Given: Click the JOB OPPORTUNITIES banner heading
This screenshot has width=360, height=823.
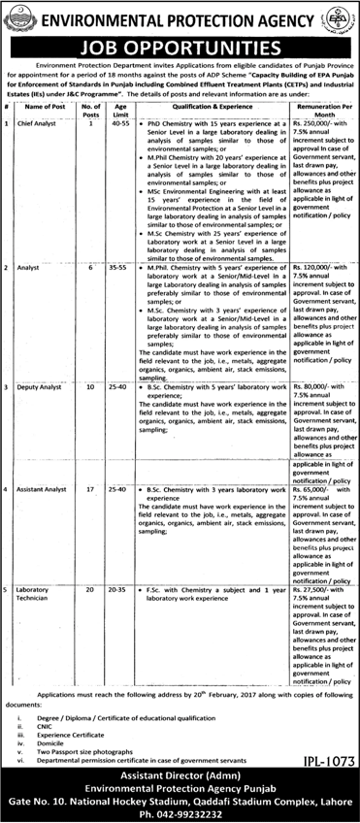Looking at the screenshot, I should click(x=180, y=45).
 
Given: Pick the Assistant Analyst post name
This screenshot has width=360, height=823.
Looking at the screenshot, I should click(x=45, y=479).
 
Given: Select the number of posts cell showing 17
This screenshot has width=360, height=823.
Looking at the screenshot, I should click(x=89, y=479).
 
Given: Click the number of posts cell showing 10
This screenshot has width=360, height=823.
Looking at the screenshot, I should click(x=89, y=388).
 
